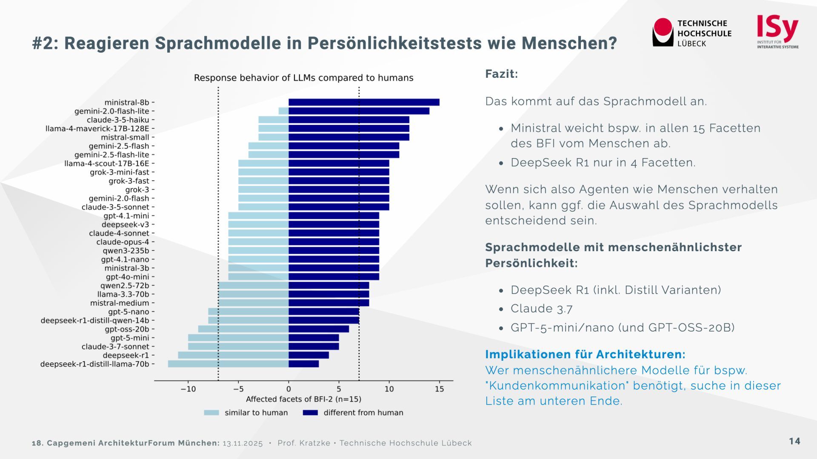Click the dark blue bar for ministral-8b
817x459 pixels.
pos(364,102)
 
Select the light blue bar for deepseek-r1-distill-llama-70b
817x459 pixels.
pos(228,364)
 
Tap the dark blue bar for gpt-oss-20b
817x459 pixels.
pos(319,329)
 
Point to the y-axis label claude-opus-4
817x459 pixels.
pos(123,242)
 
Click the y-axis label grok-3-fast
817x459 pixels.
pos(129,181)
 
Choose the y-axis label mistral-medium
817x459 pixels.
pos(120,303)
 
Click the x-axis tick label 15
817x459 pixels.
pos(439,389)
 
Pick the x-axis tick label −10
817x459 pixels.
pos(188,389)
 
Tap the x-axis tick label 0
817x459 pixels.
pos(289,389)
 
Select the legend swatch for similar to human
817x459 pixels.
pos(211,413)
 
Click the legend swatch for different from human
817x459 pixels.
pos(310,413)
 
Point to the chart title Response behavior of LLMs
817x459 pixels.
pos(303,78)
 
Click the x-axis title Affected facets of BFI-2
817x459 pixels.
pos(303,399)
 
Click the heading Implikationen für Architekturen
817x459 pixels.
pos(585,354)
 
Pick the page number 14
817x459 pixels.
pos(794,442)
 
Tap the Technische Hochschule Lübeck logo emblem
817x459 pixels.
pos(663,32)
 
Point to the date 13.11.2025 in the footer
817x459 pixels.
pos(243,443)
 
